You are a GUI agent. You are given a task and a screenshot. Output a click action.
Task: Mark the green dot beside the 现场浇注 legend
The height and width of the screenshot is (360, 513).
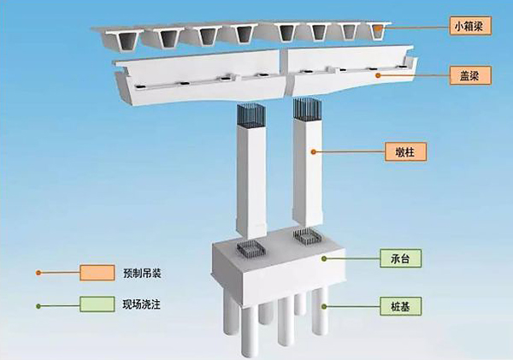click(x=38, y=304)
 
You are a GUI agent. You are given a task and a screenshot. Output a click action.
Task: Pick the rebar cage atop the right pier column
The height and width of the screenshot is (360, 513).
click(x=304, y=109)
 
